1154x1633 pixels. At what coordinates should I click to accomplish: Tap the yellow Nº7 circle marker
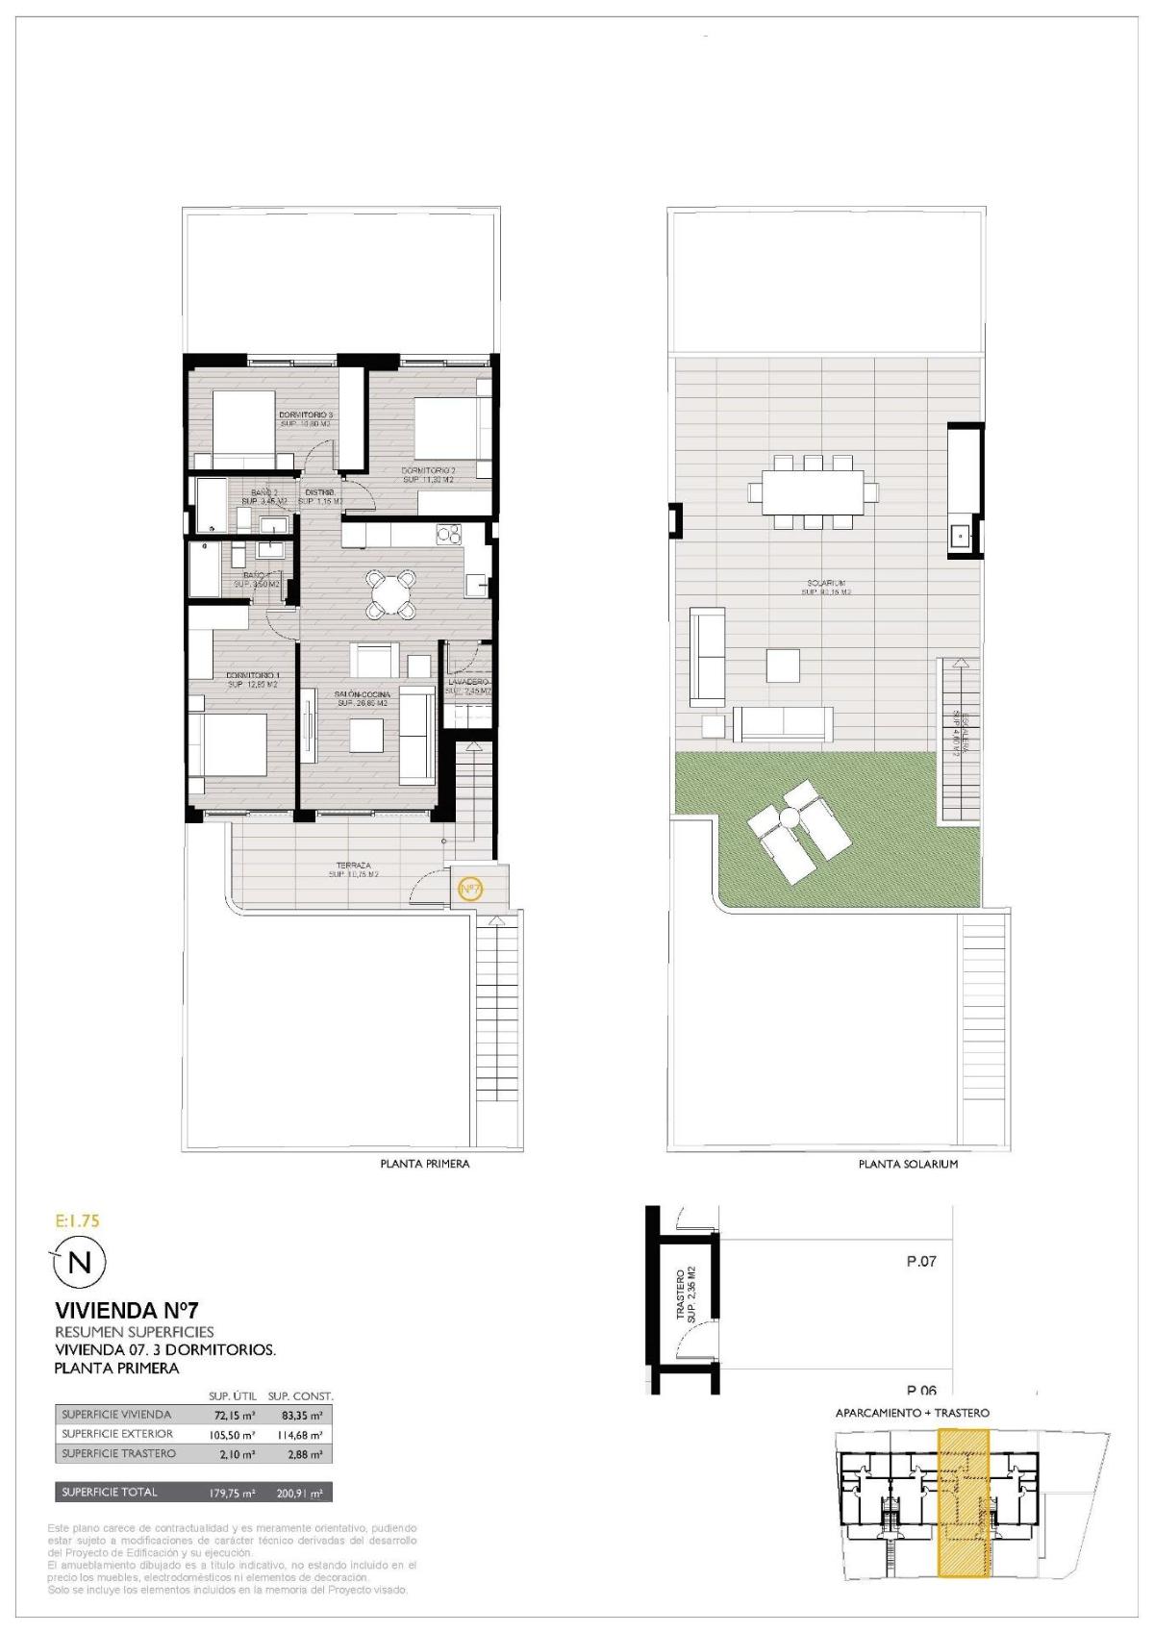[470, 889]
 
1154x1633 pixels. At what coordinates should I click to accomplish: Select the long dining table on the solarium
[813, 491]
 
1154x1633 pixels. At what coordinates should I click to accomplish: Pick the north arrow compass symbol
[80, 1263]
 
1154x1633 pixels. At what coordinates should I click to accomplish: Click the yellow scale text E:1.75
[78, 1221]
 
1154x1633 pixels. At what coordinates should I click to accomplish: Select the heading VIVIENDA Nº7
[126, 1310]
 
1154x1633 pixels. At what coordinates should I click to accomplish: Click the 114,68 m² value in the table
[301, 1434]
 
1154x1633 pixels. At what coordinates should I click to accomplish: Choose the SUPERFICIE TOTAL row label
[109, 1493]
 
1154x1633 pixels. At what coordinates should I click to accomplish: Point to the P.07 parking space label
[921, 1262]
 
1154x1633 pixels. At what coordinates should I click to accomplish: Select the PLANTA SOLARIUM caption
[908, 1164]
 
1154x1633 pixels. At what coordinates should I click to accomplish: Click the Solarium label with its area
[825, 588]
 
